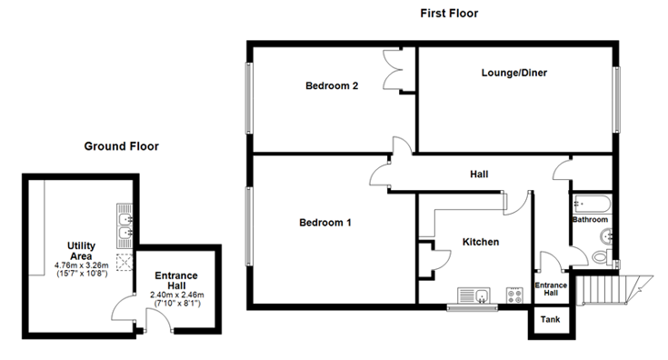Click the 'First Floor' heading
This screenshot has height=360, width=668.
coord(449,14)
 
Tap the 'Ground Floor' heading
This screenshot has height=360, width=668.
coord(122,146)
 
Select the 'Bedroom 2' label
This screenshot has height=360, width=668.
coord(332,85)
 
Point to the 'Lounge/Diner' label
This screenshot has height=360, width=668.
coord(514,73)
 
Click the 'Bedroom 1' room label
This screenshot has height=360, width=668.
coord(325,223)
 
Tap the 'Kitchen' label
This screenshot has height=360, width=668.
coord(481,242)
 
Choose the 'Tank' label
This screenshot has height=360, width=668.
coord(550,319)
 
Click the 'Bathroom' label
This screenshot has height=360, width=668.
coord(590,219)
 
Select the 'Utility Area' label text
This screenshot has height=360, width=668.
coord(81,251)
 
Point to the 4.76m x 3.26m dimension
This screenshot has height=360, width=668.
coord(82,265)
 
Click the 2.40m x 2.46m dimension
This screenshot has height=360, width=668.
coord(177,295)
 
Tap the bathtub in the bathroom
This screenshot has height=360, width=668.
coord(592,204)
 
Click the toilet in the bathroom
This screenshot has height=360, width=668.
coord(602,257)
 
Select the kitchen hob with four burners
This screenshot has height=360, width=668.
coord(514,295)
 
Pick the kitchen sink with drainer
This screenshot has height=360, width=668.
coord(474,295)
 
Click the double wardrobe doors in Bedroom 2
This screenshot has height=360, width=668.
coord(393,69)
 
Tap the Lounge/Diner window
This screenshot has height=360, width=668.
coord(615,99)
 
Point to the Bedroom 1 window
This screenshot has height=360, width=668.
coord(249,226)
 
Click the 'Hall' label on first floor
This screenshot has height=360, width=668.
coord(479,174)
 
